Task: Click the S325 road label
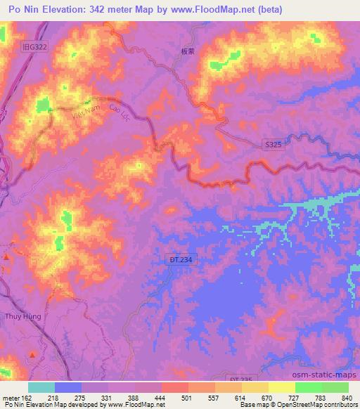coord(273,144)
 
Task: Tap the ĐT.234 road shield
coord(180,259)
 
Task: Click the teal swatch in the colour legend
coord(41,387)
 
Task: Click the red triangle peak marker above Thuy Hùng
coord(7,258)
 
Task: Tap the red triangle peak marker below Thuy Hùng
coord(30,353)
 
